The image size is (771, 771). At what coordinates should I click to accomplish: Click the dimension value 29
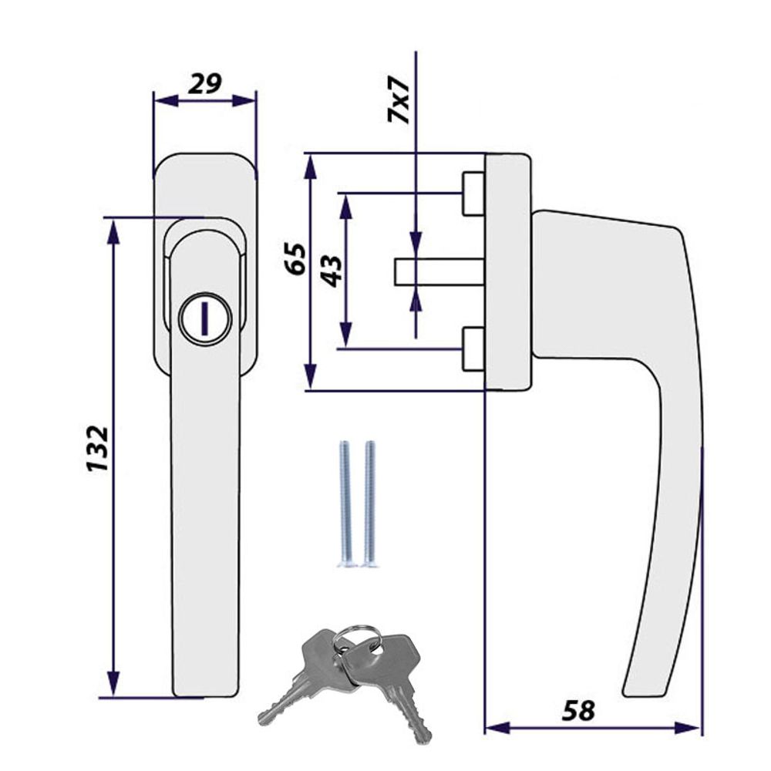point(205,84)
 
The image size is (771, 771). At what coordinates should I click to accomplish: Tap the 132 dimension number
point(97,449)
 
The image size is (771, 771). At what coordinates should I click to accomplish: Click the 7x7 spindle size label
point(399,99)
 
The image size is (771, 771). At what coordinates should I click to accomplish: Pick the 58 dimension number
point(578,710)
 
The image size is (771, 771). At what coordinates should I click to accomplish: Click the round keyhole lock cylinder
point(205,319)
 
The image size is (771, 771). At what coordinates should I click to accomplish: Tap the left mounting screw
point(345,504)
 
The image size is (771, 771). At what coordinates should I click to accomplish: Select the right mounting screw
point(370,504)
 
